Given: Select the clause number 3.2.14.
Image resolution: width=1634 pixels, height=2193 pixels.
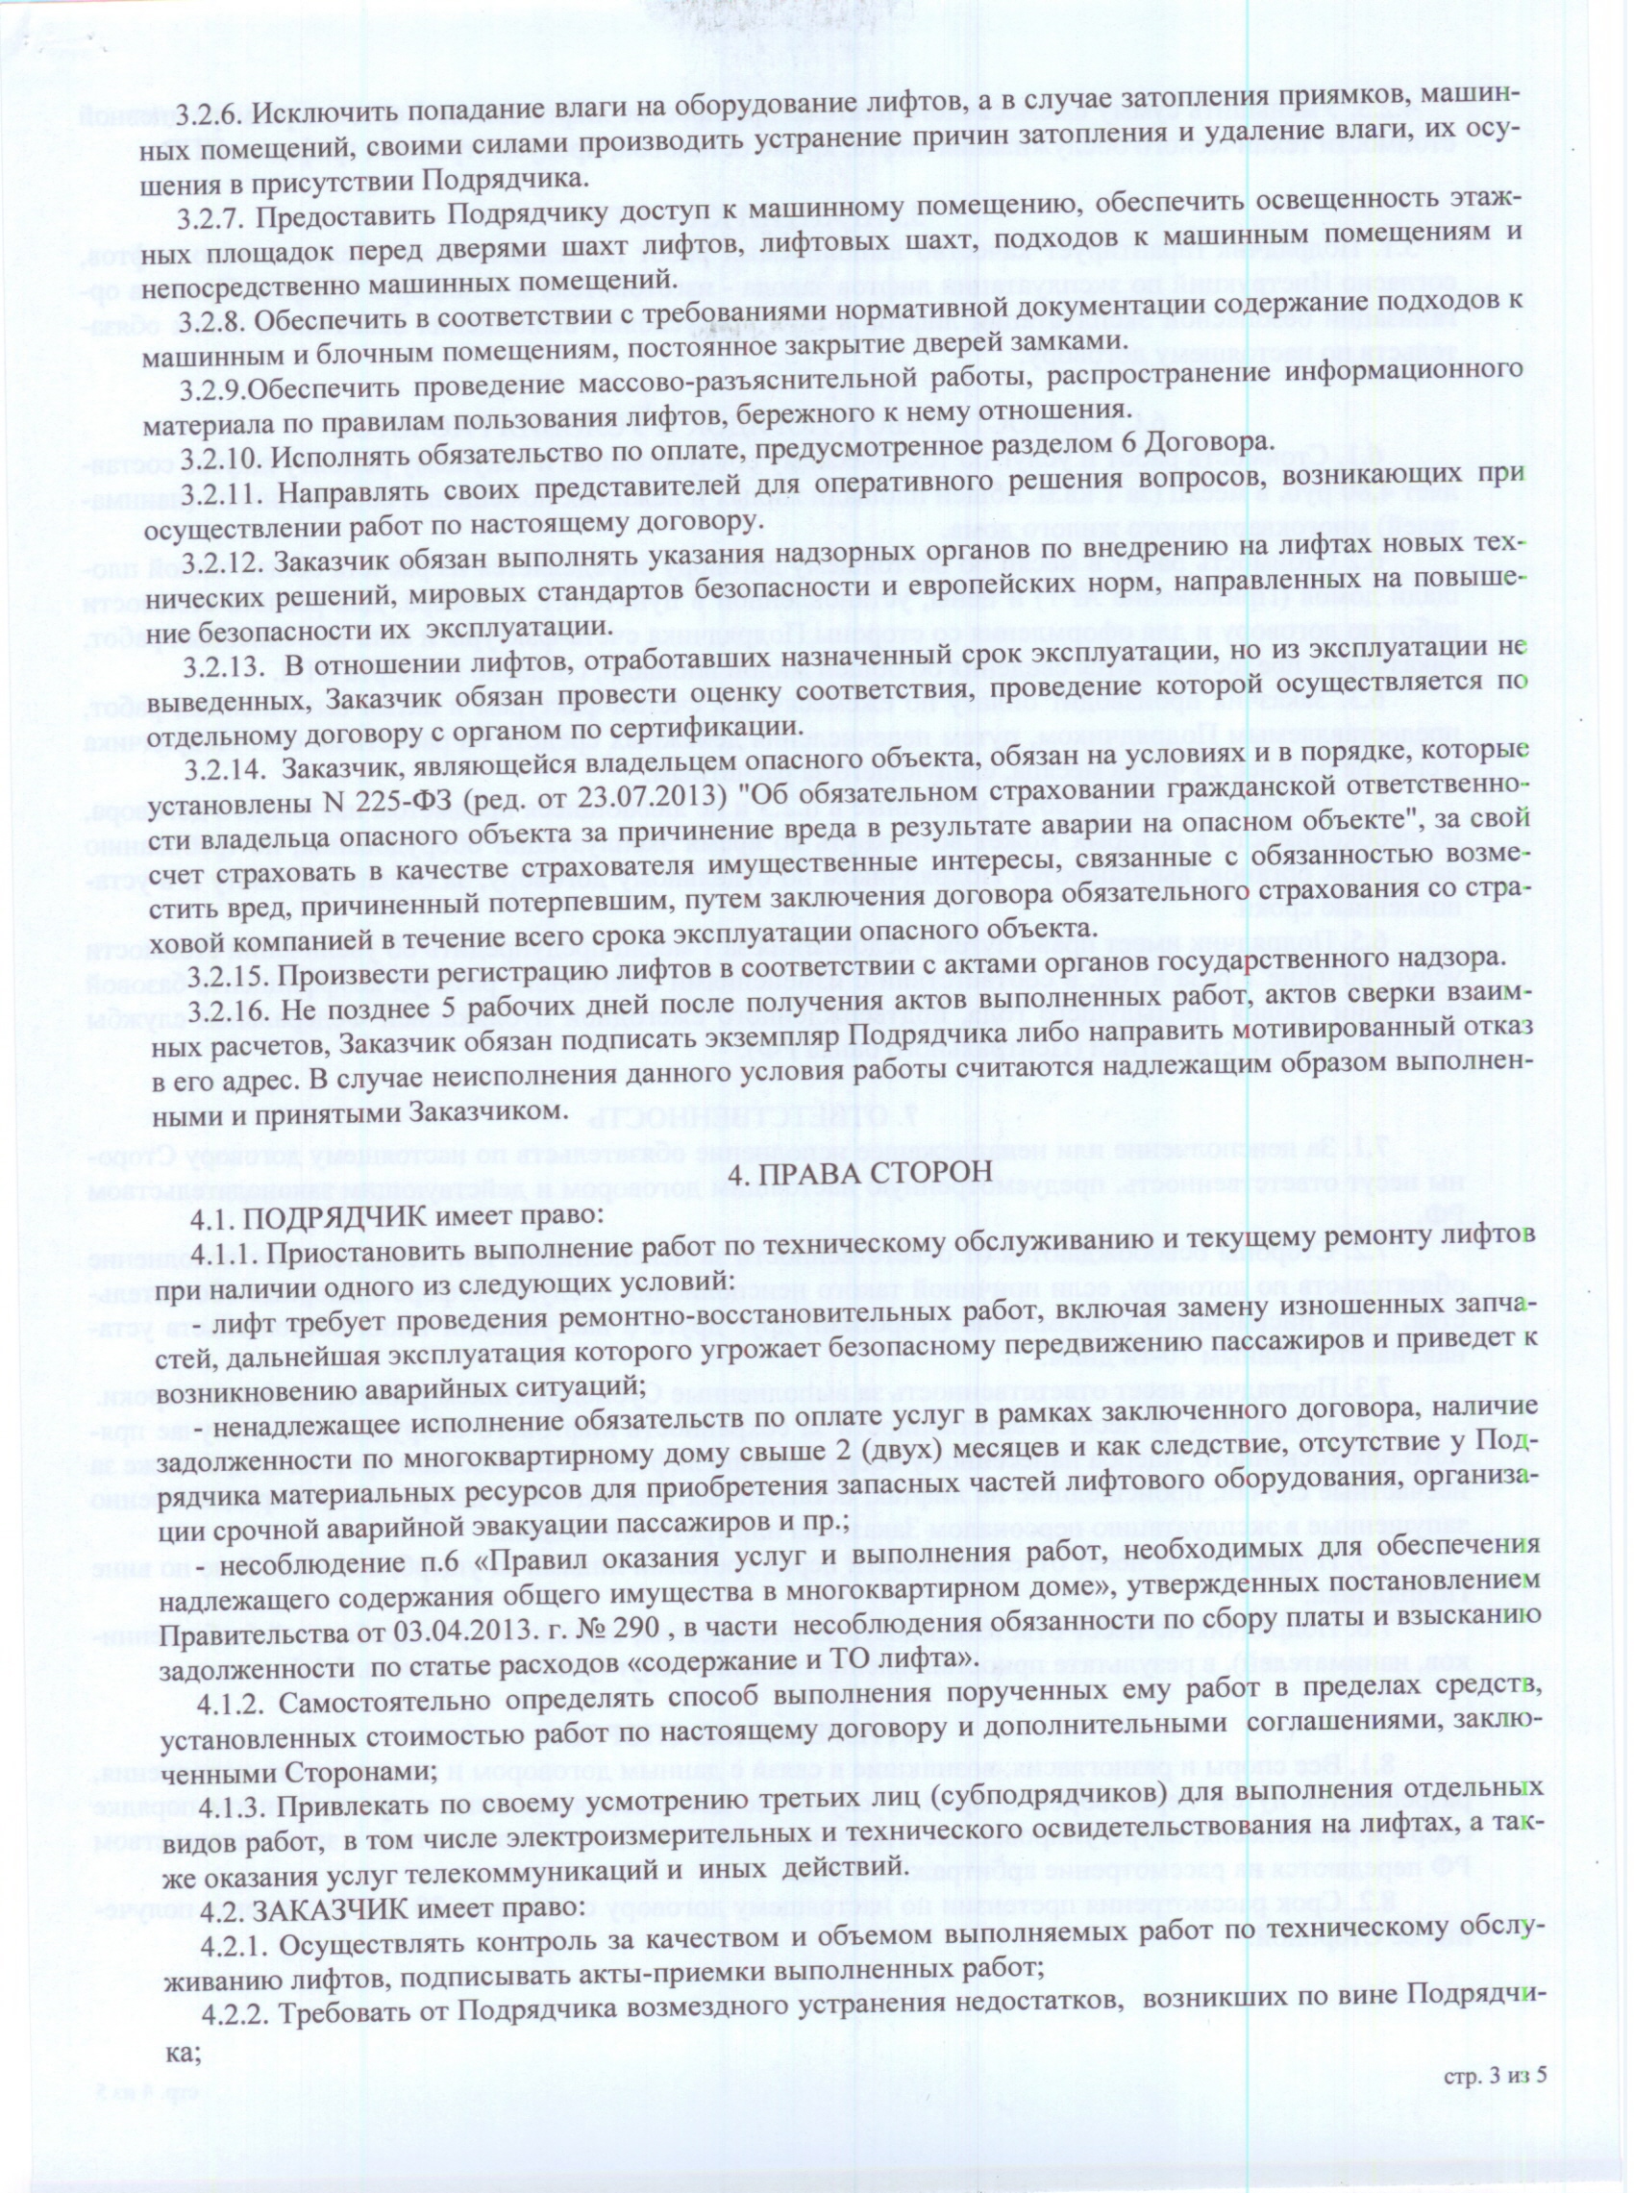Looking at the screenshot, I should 228,762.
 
